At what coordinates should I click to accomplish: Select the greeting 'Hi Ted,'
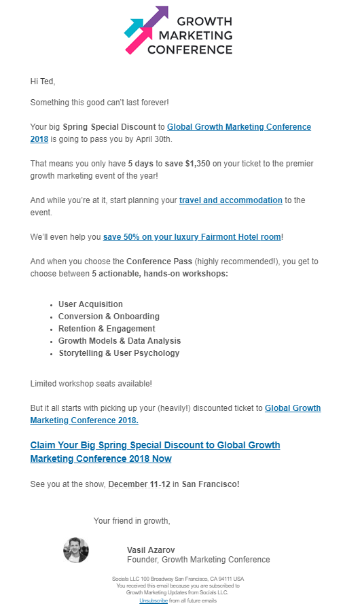click(x=43, y=82)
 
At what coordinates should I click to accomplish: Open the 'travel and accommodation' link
click(x=231, y=200)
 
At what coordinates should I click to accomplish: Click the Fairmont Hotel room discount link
click(x=192, y=237)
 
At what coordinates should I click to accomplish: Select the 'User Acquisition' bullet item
click(x=90, y=304)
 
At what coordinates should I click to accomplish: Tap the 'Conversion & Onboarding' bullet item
click(x=109, y=317)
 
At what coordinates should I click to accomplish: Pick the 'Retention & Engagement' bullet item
click(x=107, y=329)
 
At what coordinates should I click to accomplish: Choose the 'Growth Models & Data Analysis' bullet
click(x=120, y=341)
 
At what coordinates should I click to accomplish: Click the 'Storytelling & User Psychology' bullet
click(x=119, y=353)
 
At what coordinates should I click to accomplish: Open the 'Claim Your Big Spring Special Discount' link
click(x=155, y=452)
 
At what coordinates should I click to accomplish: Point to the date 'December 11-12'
click(x=139, y=484)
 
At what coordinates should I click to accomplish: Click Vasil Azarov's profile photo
click(x=76, y=550)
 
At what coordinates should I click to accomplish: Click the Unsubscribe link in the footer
click(x=154, y=601)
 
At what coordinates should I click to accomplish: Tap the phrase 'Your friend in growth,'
click(x=132, y=521)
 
